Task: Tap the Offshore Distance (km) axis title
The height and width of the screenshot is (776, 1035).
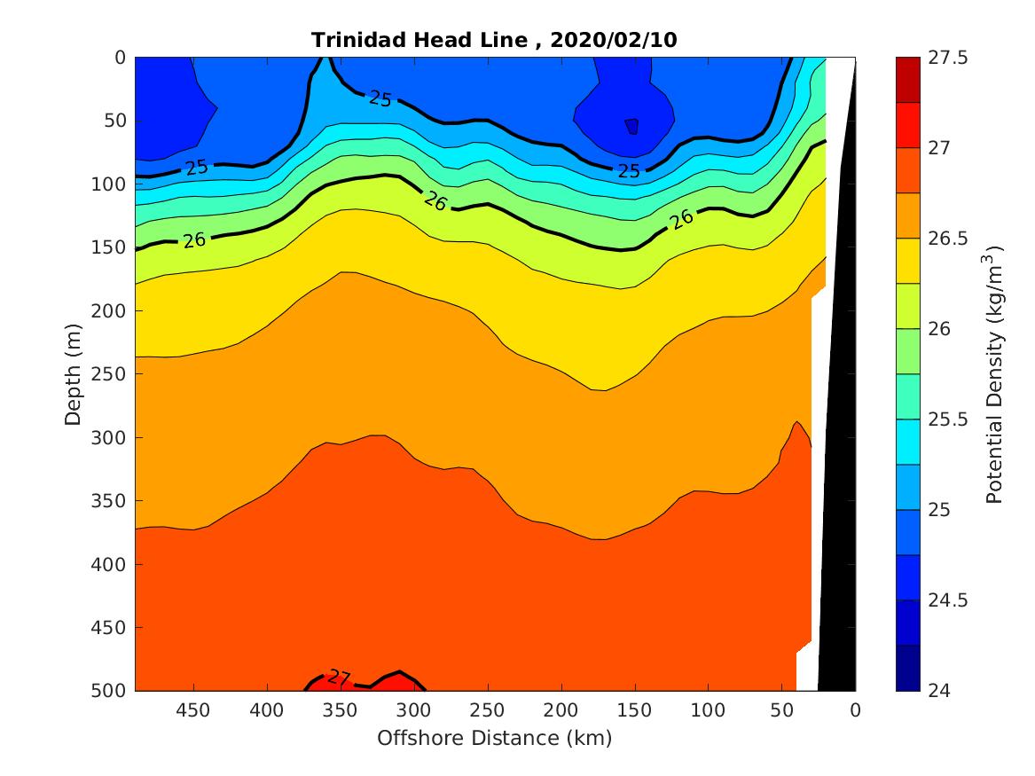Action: click(x=495, y=738)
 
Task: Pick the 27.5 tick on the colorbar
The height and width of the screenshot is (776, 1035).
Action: click(x=947, y=58)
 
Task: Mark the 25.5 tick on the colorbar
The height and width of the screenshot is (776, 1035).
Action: click(x=947, y=419)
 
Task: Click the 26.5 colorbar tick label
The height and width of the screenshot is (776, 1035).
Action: click(x=947, y=239)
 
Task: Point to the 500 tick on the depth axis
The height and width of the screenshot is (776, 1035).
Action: click(x=111, y=690)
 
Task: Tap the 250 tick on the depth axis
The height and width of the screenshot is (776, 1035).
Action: click(x=111, y=373)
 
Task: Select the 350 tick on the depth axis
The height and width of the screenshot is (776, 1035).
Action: click(x=111, y=500)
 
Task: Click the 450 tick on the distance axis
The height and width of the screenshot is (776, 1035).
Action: click(x=192, y=710)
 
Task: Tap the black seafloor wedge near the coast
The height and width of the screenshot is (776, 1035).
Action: click(x=838, y=443)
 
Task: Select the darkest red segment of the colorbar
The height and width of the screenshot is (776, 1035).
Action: click(x=907, y=80)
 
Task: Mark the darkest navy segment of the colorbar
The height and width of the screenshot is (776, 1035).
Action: click(x=907, y=667)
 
